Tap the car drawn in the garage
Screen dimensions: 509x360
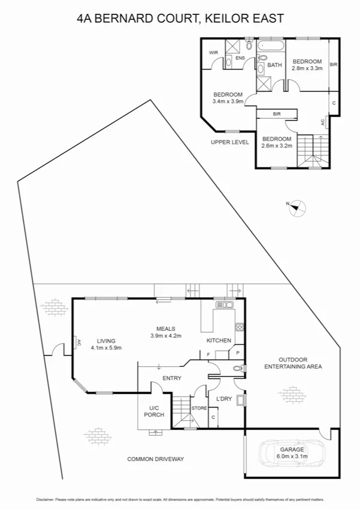290,454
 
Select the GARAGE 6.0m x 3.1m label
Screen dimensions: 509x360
292,453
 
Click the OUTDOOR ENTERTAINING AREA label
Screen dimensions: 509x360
294,363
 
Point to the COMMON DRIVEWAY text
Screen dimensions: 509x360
155,459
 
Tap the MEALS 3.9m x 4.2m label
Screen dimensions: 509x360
165,332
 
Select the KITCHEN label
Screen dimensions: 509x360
219,341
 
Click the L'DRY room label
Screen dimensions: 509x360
224,399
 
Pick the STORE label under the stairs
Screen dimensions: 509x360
199,408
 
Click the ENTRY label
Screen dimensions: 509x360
172,378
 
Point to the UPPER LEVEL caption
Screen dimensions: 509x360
229,142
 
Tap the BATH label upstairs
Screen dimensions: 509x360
274,65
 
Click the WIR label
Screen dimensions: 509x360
213,53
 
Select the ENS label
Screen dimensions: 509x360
240,58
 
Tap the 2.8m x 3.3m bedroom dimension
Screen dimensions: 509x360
307,68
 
